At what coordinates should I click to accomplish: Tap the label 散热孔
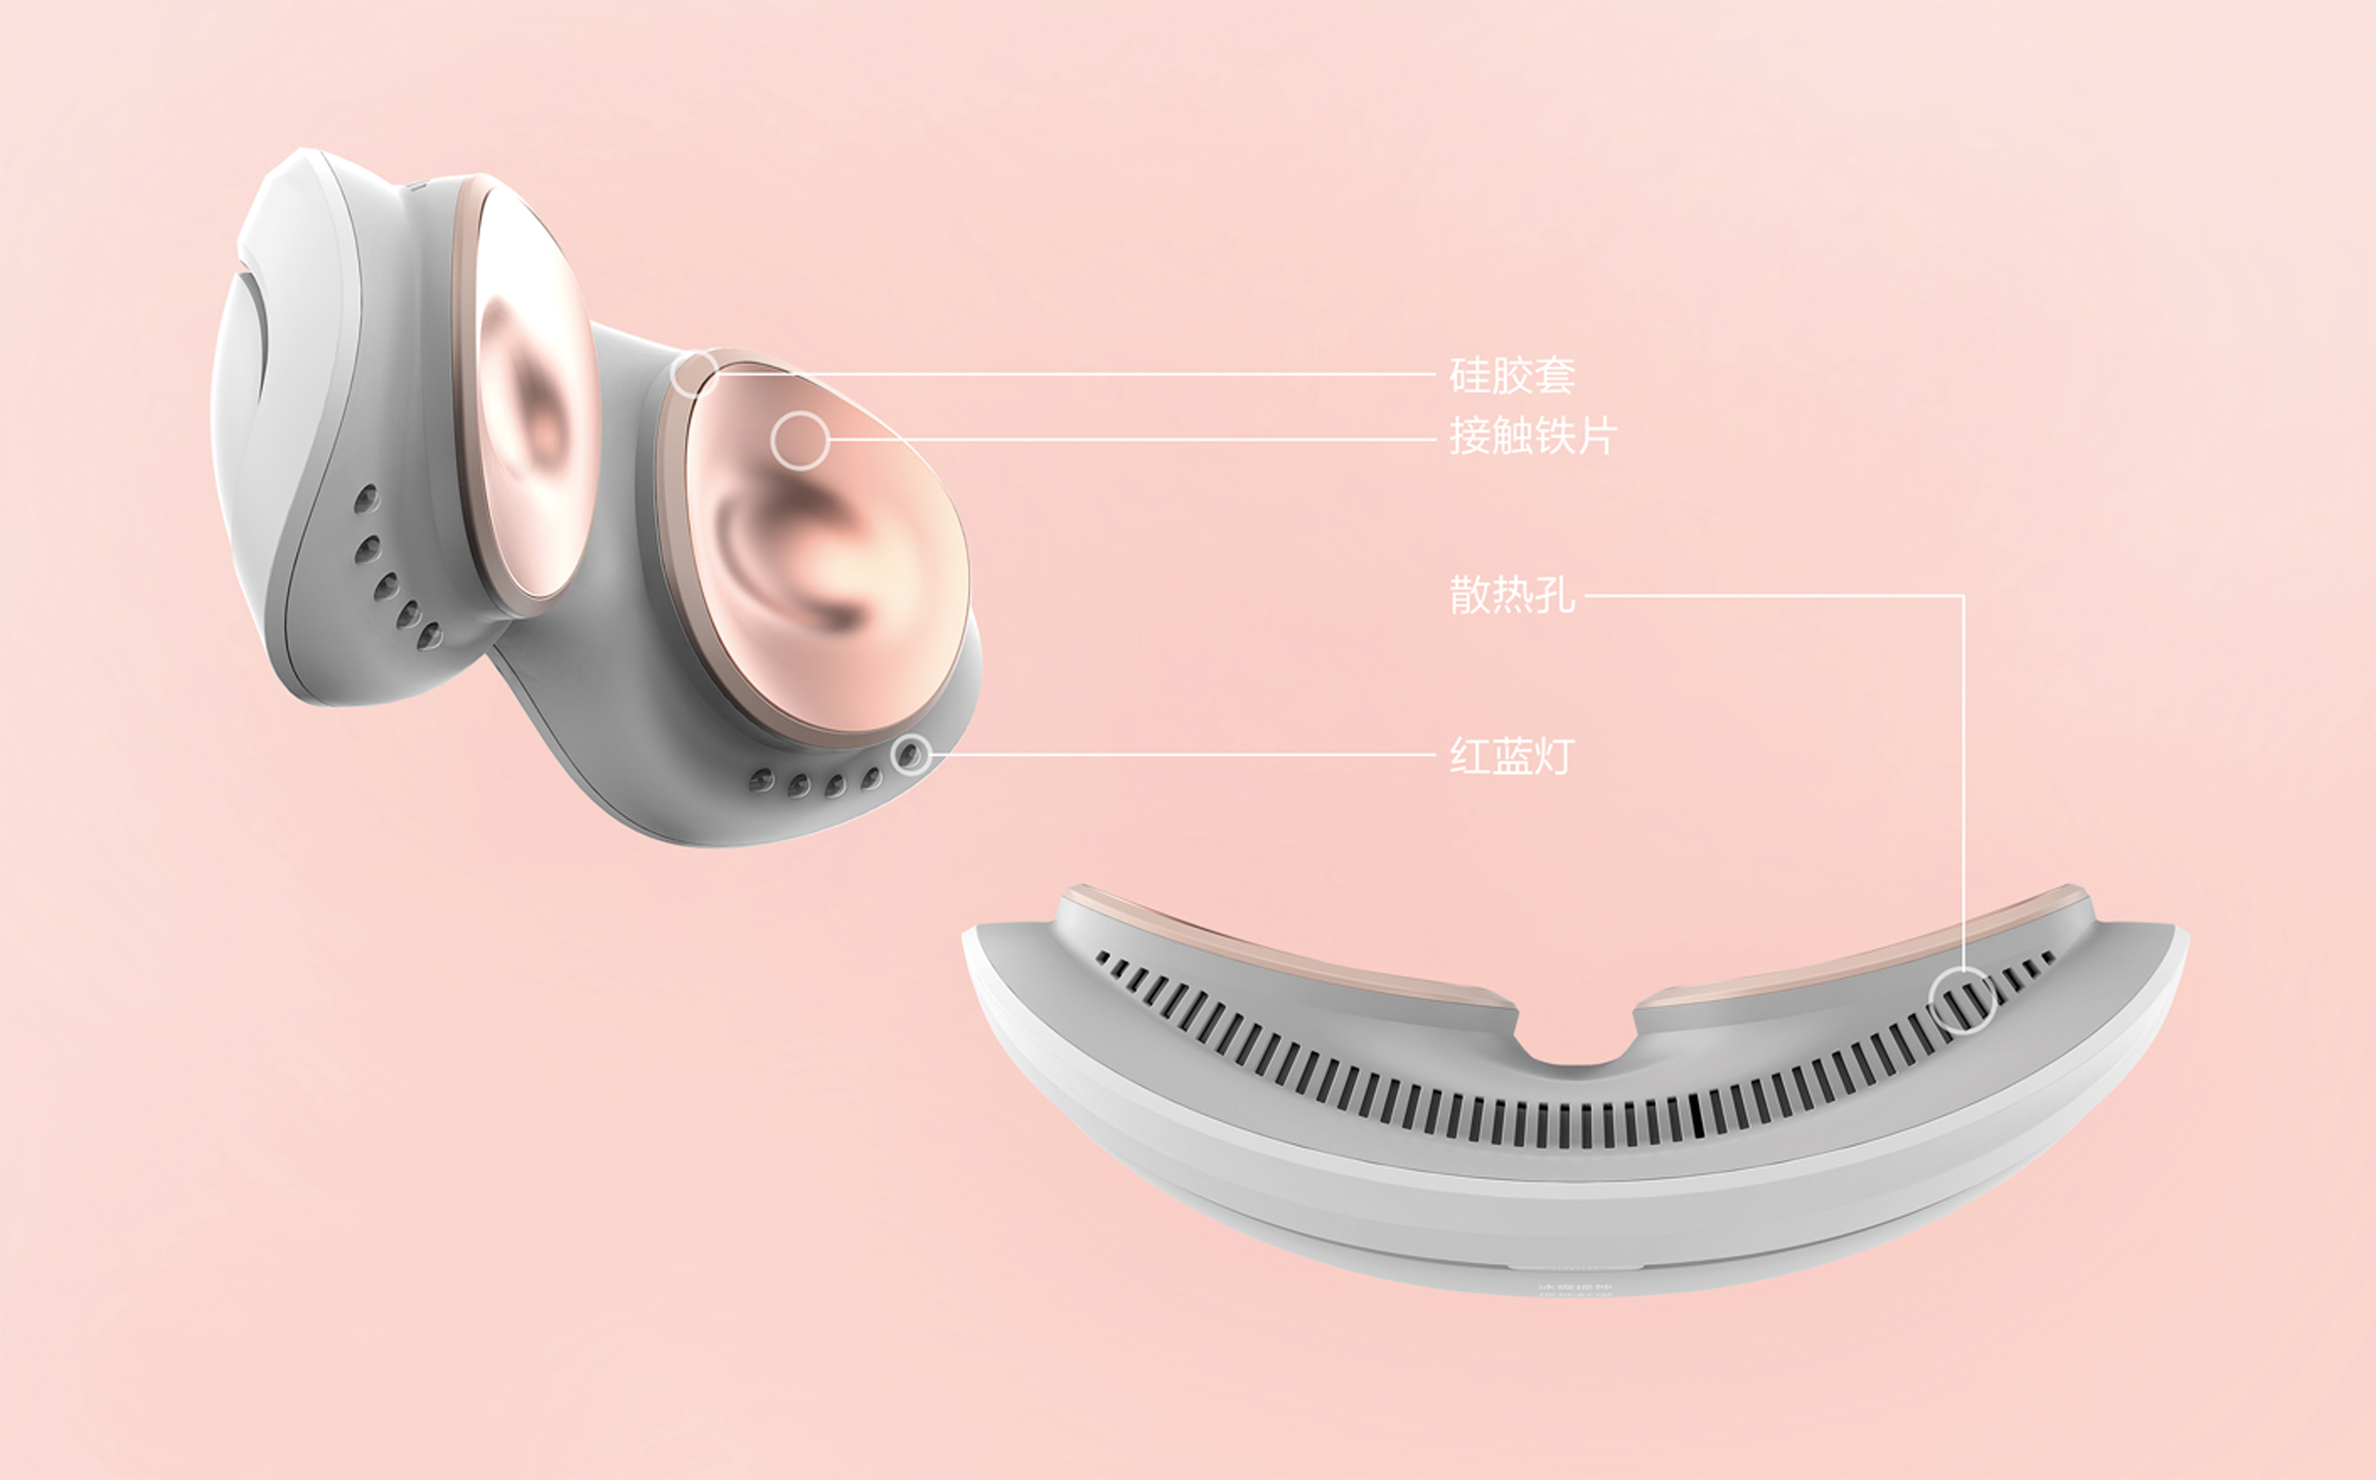click(1512, 595)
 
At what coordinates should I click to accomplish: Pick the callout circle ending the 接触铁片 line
click(799, 441)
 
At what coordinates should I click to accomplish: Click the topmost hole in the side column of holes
click(367, 497)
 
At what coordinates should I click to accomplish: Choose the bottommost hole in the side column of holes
click(428, 638)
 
